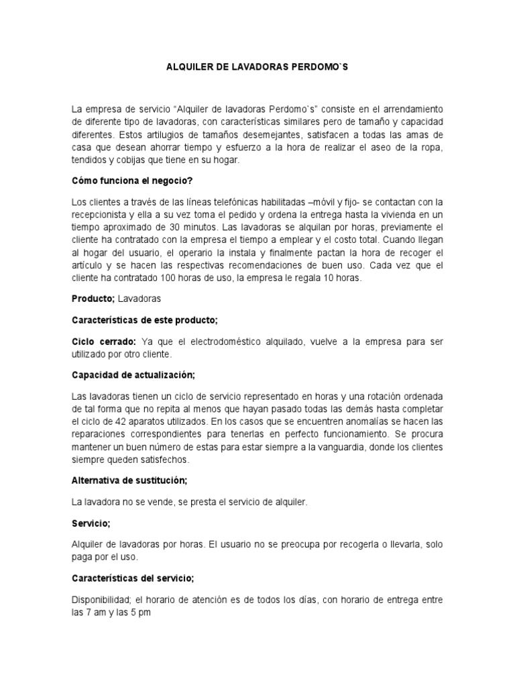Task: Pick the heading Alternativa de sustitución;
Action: (x=129, y=481)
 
